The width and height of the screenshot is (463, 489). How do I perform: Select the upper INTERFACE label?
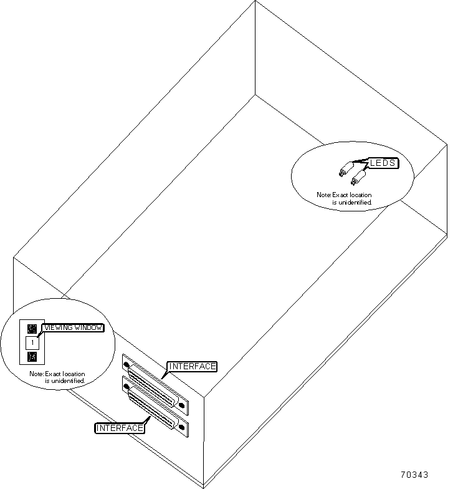coord(192,366)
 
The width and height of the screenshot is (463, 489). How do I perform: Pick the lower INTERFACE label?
coord(120,428)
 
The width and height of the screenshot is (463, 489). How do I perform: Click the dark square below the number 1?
coord(32,357)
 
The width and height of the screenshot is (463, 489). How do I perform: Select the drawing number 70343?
coord(414,475)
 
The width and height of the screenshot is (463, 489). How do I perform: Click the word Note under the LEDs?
coord(324,195)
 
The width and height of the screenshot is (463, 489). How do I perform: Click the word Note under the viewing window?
coord(37,374)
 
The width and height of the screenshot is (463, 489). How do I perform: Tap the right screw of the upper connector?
coord(181,404)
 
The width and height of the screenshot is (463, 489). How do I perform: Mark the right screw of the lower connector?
coord(181,428)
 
